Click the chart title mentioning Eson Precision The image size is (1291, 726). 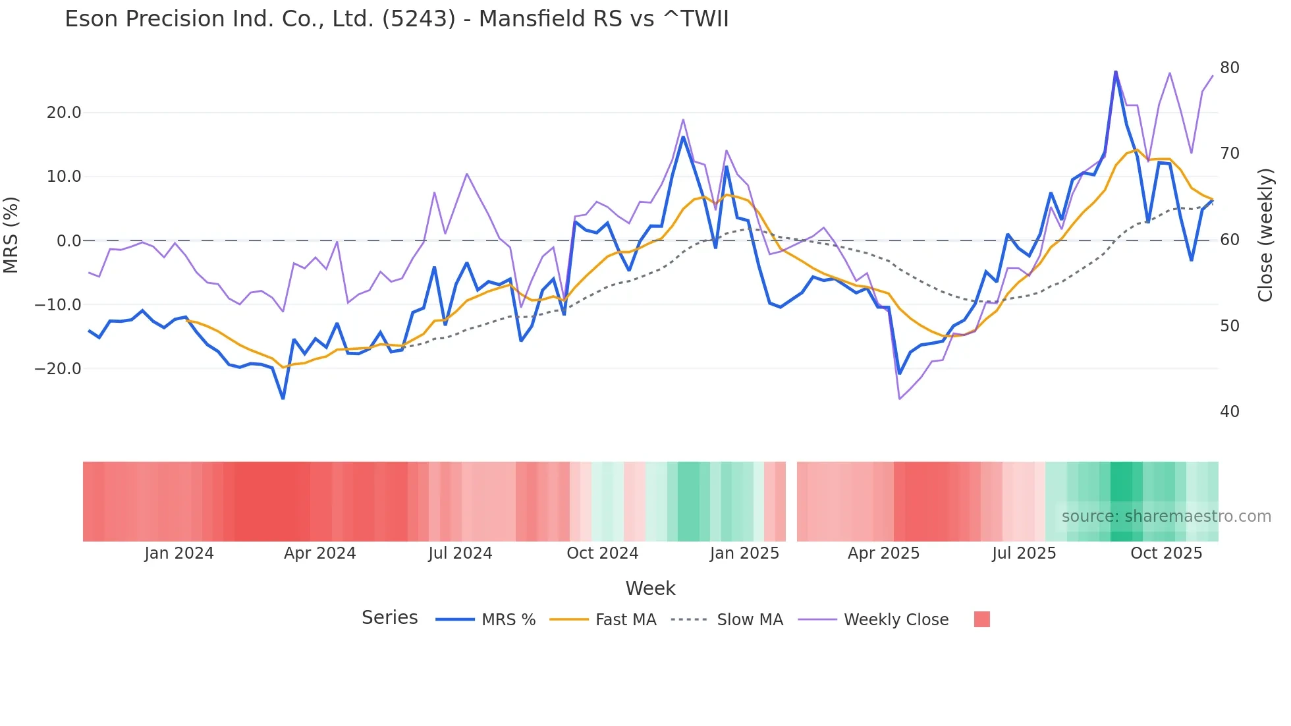tap(397, 19)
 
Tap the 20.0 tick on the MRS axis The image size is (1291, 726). tap(64, 113)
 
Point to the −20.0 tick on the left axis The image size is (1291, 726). tap(58, 369)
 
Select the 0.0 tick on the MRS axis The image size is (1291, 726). tap(69, 241)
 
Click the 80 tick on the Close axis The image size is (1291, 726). tap(1229, 68)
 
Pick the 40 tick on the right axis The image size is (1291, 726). tap(1229, 412)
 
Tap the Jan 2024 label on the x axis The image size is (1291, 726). tap(179, 553)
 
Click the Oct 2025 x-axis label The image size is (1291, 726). tap(1166, 553)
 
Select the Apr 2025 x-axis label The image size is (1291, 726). tap(883, 553)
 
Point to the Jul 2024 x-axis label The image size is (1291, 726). tap(460, 553)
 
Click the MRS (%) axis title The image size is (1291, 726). tap(11, 235)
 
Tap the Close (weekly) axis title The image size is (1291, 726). tap(1265, 235)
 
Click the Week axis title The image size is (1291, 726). tap(650, 588)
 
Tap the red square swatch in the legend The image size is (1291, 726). tap(981, 620)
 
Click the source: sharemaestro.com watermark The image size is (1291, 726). tap(1166, 517)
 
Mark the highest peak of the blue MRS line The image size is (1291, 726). tap(1115, 72)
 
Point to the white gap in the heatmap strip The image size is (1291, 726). tap(791, 501)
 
